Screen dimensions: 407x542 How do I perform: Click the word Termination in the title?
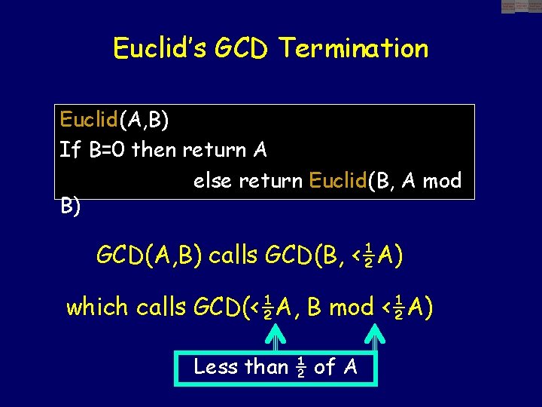tap(354, 49)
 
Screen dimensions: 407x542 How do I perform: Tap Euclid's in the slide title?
tap(159, 49)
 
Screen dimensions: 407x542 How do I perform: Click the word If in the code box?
tap(69, 150)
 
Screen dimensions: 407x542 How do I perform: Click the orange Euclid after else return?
tap(338, 181)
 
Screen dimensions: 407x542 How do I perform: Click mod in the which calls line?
tap(351, 307)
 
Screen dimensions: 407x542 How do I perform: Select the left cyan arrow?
tap(276, 335)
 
